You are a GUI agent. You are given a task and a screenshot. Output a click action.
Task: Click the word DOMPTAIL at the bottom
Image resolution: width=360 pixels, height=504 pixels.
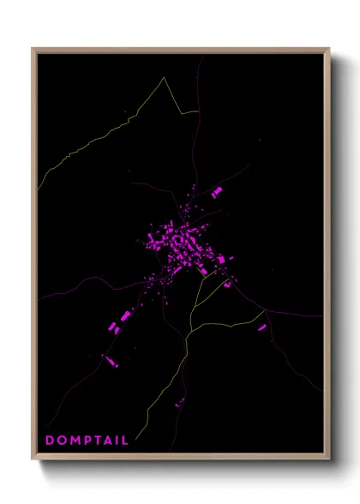(x=87, y=441)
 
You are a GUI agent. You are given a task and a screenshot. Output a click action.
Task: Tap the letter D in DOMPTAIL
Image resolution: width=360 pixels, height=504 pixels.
(x=50, y=441)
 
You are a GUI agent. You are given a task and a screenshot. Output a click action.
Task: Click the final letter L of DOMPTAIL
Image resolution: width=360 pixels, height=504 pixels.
(x=125, y=441)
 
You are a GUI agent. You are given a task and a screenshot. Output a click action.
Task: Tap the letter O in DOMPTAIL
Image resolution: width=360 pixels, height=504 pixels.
(x=60, y=441)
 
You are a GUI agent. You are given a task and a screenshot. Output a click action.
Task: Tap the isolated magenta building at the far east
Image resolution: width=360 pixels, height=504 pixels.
(x=262, y=327)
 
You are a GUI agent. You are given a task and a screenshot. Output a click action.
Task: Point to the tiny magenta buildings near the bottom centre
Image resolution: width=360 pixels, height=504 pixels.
(x=179, y=401)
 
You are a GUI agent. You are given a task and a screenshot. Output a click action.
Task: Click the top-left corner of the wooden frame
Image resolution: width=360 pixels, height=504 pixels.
(x=33, y=49)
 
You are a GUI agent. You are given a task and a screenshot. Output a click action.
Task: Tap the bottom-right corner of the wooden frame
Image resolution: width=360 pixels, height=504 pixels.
(x=329, y=460)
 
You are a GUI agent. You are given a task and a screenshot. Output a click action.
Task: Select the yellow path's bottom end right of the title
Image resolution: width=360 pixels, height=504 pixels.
(x=142, y=429)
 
